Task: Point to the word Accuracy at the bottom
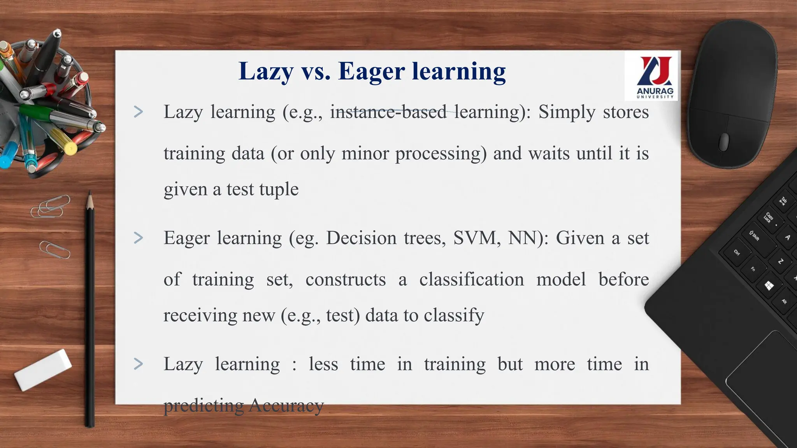(286, 405)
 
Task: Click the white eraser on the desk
(43, 369)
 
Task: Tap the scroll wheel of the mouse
(723, 142)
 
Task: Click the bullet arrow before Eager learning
(138, 238)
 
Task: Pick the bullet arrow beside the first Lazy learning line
(138, 112)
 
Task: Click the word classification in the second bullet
(471, 279)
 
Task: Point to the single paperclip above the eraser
(55, 249)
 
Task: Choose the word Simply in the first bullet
(567, 112)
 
